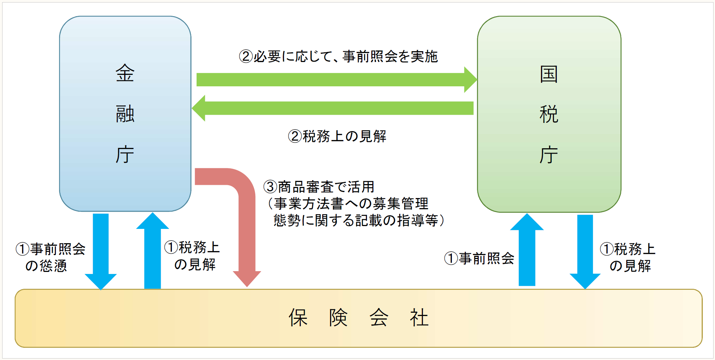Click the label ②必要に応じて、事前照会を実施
coord(338,56)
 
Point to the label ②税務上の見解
coord(337,136)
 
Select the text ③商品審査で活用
coord(319,187)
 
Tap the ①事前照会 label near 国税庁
coord(479,258)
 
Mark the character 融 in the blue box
coord(125,114)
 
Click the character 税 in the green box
coord(549,114)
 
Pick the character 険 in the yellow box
coord(338,318)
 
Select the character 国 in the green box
coord(549,74)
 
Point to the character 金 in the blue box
coord(125,73)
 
